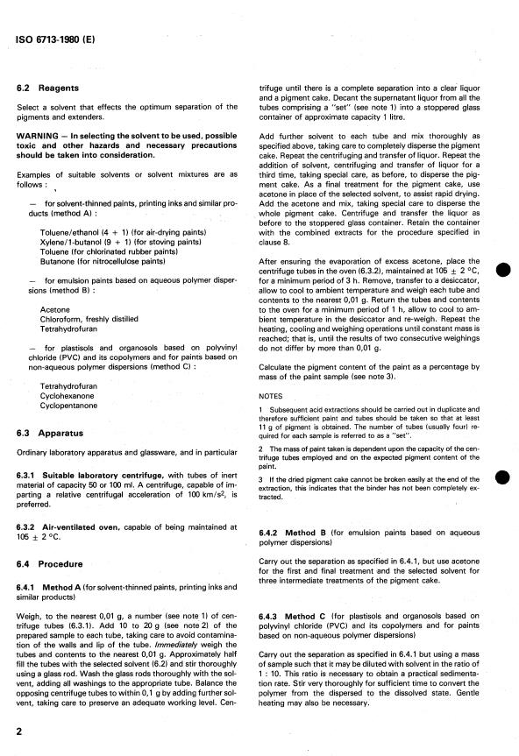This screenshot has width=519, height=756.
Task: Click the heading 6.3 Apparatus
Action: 60,433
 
